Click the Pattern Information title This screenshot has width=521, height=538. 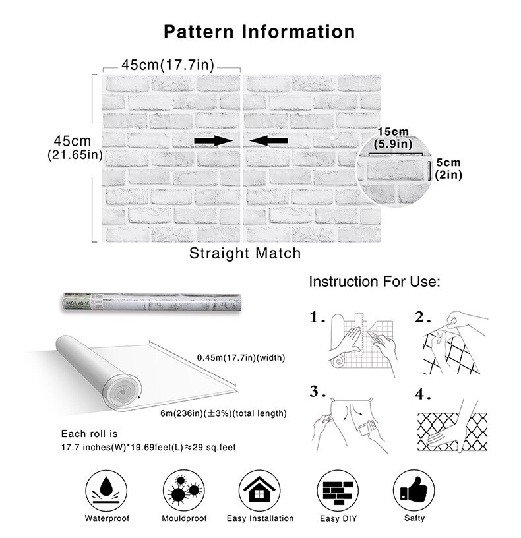[259, 31]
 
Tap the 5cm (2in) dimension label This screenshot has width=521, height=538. [448, 169]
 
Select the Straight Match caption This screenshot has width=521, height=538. [245, 253]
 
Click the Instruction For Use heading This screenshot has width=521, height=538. [374, 282]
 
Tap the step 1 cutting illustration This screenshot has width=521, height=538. [361, 344]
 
